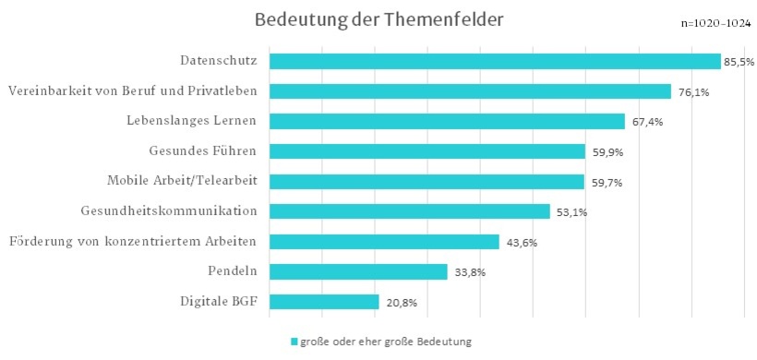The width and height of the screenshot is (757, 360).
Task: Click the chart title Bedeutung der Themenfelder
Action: pos(378,19)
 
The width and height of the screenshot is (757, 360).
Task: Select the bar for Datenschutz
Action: pos(495,61)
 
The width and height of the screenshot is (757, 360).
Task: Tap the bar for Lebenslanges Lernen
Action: pos(447,121)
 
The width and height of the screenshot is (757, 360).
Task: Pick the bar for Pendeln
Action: pos(358,271)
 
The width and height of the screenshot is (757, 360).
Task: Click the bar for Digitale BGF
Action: pos(324,302)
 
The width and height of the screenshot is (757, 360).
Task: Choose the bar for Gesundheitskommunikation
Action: pos(409,211)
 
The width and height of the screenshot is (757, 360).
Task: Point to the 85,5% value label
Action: pos(739,62)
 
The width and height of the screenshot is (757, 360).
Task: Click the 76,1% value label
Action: pos(690,92)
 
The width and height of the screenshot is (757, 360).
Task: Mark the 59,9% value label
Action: pos(605,152)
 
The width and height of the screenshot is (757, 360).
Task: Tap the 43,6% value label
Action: pos(520,243)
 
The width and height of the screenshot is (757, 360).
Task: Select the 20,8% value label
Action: pos(399,303)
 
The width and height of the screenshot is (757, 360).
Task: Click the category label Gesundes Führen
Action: pos(202,150)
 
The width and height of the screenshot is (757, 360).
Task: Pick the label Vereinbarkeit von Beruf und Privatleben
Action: pos(132,90)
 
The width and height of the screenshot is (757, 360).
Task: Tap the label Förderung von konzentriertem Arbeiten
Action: pos(132,242)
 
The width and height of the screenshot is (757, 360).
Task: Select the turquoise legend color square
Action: pos(294,342)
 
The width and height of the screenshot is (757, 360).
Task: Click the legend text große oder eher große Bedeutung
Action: pos(387,342)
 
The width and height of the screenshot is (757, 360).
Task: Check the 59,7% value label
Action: pos(604,183)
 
